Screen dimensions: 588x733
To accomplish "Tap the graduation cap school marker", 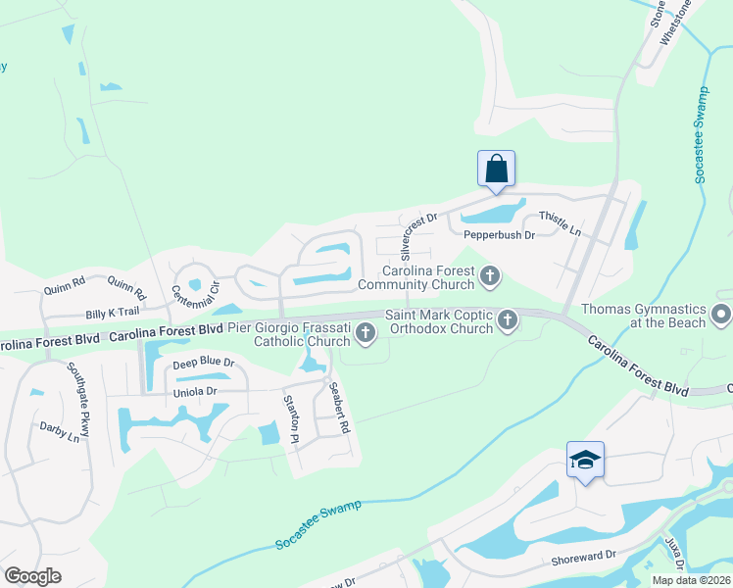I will point(585,460).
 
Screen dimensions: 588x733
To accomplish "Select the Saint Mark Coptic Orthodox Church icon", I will point(508,319).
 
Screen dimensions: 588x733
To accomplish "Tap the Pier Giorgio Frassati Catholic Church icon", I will point(366,334).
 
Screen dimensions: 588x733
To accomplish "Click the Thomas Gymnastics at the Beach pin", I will point(721,315).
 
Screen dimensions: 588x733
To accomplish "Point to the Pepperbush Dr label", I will point(502,235).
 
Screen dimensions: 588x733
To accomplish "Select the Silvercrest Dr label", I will point(418,234).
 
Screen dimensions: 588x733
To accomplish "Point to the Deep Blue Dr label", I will point(204,363).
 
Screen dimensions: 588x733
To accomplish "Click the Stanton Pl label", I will point(290,418).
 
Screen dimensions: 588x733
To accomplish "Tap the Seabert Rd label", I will point(339,409).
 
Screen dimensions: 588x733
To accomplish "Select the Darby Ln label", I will point(59,431).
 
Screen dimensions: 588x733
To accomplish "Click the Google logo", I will point(32,576).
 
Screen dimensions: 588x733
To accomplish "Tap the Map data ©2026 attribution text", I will point(692,580).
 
